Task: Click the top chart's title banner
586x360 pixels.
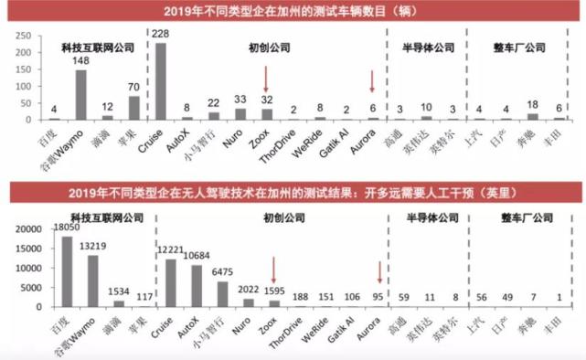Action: [292, 12]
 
